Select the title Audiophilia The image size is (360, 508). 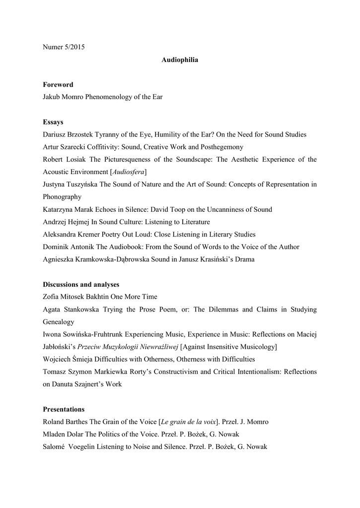[x=180, y=60]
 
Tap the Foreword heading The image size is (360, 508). [x=58, y=85]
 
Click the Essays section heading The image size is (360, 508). [x=53, y=122]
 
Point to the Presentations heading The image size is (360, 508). [x=64, y=409]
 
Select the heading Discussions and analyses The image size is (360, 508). [x=81, y=285]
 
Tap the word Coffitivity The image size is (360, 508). [x=94, y=147]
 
